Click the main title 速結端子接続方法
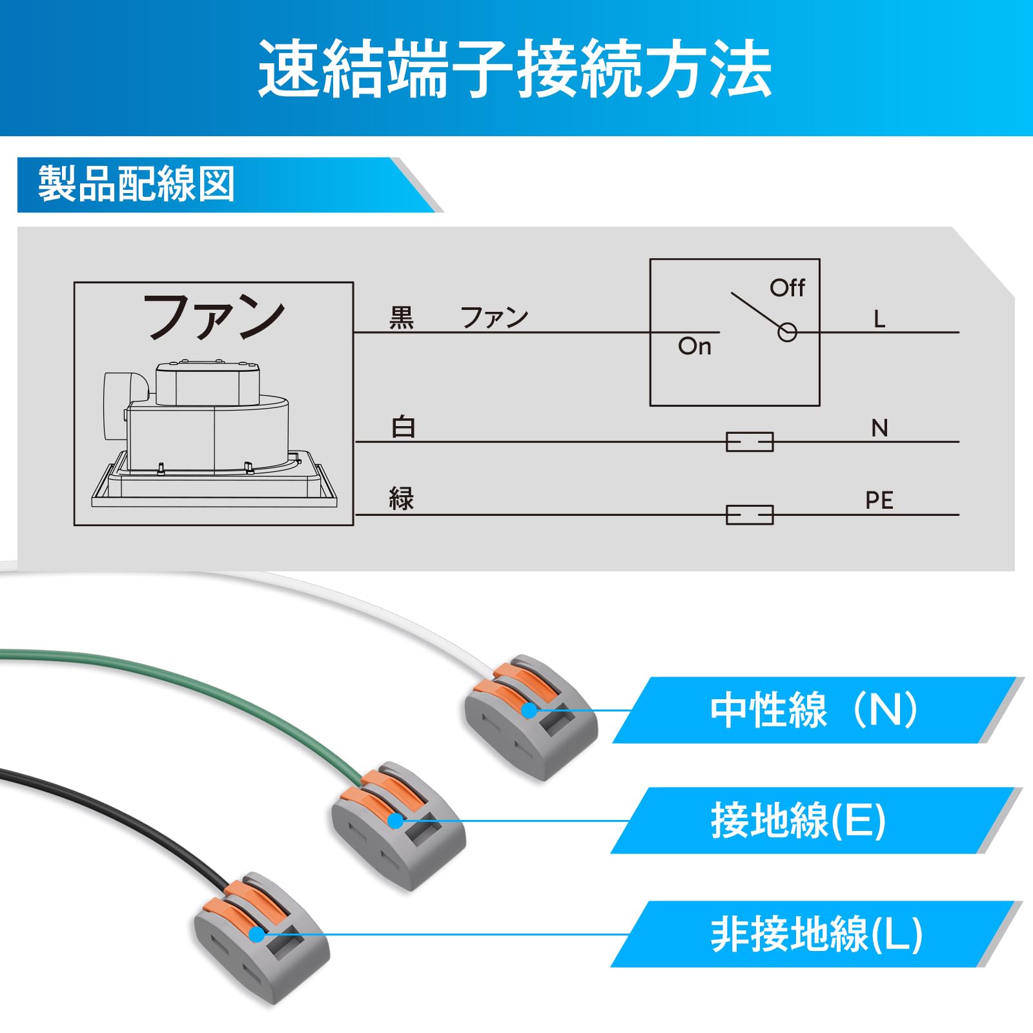pos(515,68)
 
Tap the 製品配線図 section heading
pos(136,184)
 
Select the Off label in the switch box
pos(787,287)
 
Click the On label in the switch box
pos(695,347)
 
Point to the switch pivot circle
pos(787,332)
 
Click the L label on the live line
pos(879,319)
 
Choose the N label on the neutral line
pos(879,428)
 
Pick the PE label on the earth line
pos(879,500)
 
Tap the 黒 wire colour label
pos(402,318)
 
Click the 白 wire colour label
pos(404,427)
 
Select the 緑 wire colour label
pos(402,499)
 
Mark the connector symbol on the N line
pos(750,442)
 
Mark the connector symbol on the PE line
pos(750,515)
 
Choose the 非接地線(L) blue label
pos(816,934)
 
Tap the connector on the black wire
pos(261,939)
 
